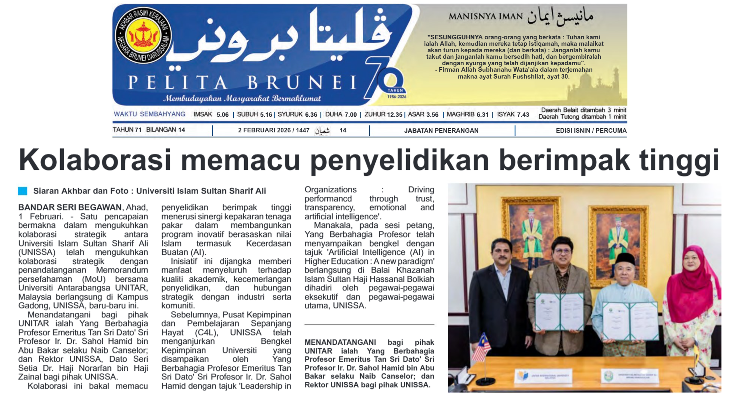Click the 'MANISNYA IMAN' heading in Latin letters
point(486,16)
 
